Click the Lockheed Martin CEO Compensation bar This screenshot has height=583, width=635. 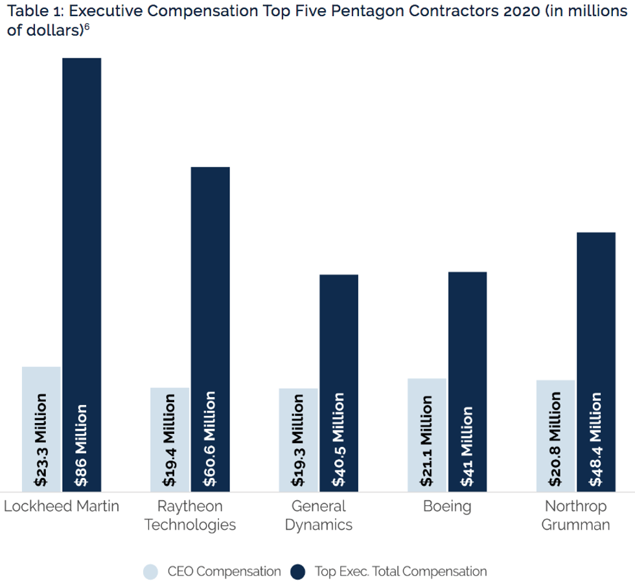click(x=41, y=428)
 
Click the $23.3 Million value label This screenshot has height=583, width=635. click(x=41, y=439)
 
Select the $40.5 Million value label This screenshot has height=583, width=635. click(x=338, y=439)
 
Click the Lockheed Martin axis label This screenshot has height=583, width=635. click(x=62, y=506)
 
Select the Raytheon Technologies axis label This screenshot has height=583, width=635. click(x=190, y=515)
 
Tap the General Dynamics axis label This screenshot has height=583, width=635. click(x=318, y=515)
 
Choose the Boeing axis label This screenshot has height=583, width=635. click(x=446, y=506)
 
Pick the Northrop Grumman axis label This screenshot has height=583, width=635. click(x=575, y=515)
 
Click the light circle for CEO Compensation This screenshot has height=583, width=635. click(x=150, y=571)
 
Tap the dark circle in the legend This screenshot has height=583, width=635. click(x=298, y=571)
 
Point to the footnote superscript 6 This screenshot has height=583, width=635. click(x=87, y=27)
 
